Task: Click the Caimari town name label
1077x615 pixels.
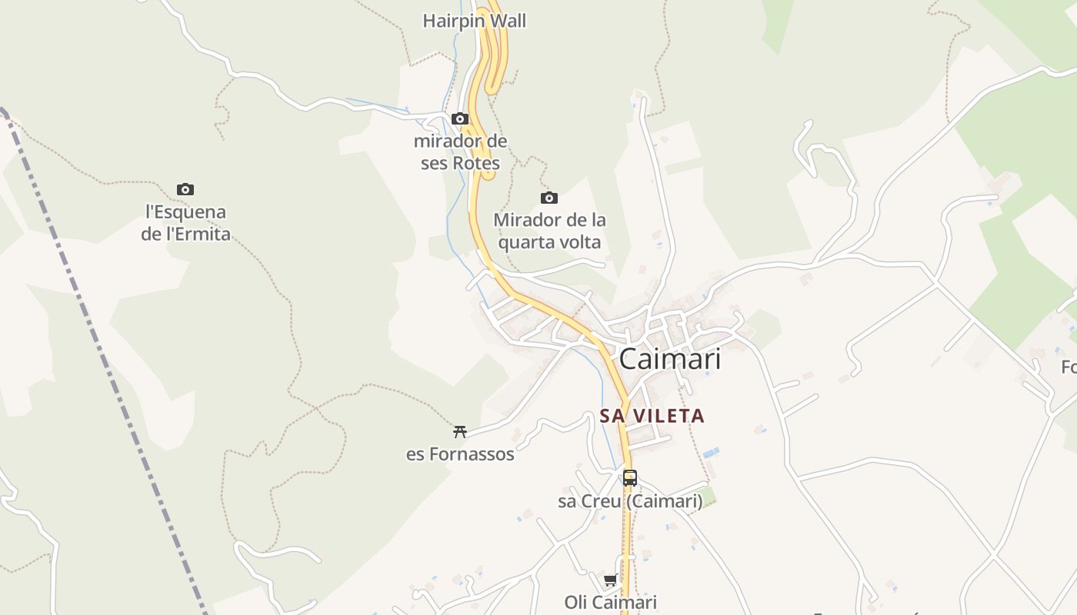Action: (x=669, y=359)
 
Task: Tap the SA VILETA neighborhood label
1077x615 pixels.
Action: (x=652, y=416)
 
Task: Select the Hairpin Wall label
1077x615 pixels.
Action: (x=474, y=21)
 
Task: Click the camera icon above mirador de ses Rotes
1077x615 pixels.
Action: (x=460, y=118)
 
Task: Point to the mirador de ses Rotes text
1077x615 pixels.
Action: (x=460, y=152)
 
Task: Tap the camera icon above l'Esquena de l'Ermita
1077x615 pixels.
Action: (x=185, y=189)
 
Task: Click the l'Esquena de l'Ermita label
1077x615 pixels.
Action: (x=185, y=223)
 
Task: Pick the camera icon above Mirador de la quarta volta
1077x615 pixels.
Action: (x=549, y=198)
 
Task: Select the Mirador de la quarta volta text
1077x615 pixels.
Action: (x=549, y=231)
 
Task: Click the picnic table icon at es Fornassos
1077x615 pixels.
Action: (x=460, y=431)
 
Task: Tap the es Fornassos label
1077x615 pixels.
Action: (x=460, y=454)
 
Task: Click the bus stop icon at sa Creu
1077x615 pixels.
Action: (x=630, y=478)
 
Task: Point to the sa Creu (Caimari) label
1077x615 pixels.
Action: (x=630, y=502)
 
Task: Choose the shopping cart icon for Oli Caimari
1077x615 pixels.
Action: (x=611, y=580)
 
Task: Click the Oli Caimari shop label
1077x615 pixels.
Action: (x=611, y=602)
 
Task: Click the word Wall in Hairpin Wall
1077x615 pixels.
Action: (x=508, y=21)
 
